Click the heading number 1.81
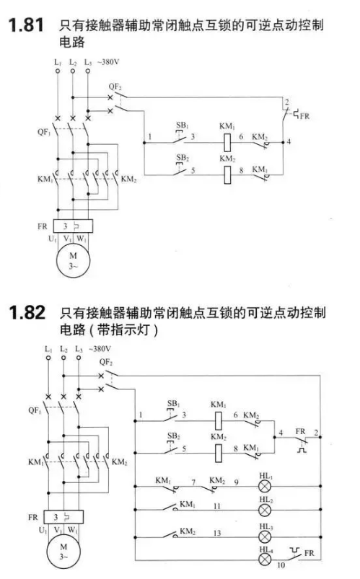26,25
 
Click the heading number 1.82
27,312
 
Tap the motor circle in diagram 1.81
73,260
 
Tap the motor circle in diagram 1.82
63,552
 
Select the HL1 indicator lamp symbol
265,486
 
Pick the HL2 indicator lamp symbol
265,510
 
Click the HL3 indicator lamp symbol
265,536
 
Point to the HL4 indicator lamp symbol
265,560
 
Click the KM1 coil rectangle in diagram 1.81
228,142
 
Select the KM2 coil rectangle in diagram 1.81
228,174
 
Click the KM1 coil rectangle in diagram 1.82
219,420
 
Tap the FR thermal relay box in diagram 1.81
73,226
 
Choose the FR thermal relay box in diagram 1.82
63,517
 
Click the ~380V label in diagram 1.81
108,62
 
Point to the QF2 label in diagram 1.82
106,362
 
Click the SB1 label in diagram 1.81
183,125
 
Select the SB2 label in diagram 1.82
173,436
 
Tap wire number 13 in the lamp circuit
217,533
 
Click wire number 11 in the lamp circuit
217,506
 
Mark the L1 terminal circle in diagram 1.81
58,71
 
